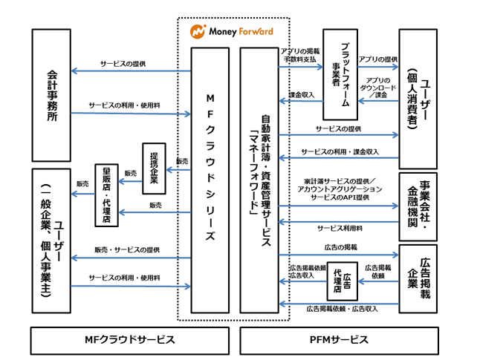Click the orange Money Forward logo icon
click(x=198, y=31)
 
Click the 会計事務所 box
click(x=51, y=96)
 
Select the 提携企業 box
click(x=155, y=168)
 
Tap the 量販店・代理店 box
click(x=106, y=195)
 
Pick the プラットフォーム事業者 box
click(x=340, y=74)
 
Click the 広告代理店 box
click(x=343, y=281)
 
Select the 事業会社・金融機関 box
click(x=418, y=207)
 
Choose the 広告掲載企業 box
click(x=418, y=279)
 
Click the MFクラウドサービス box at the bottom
click(x=130, y=341)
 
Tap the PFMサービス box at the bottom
click(x=339, y=341)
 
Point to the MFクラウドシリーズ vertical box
click(x=210, y=180)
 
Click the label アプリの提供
click(x=378, y=59)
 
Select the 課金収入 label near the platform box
click(x=302, y=95)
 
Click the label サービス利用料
click(x=340, y=228)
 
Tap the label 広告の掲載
click(x=341, y=247)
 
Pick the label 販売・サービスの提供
click(x=127, y=250)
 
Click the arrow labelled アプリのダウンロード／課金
click(x=378, y=101)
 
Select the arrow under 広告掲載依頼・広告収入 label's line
click(x=339, y=304)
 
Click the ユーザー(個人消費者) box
click(x=418, y=99)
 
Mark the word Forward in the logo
click(x=256, y=31)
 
